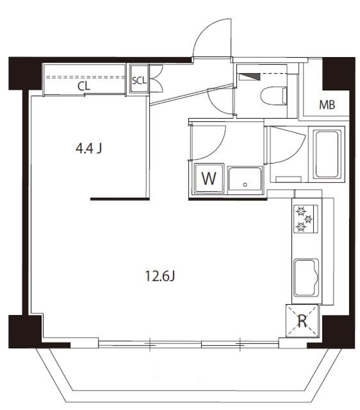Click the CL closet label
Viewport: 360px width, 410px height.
[x=84, y=86]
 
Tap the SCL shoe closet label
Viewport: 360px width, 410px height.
[x=139, y=80]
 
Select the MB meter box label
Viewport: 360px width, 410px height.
[x=327, y=106]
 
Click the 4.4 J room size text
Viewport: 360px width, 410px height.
[x=89, y=149]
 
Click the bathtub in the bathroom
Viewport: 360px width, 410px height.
[x=327, y=154]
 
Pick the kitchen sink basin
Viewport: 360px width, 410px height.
[x=306, y=277]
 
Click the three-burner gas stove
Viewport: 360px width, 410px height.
[x=305, y=219]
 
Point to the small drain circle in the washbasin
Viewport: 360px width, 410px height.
[x=245, y=185]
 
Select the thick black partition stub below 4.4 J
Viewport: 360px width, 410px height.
[x=120, y=199]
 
